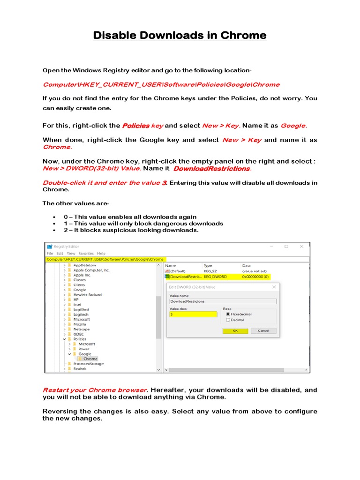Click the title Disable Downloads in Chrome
[180, 36]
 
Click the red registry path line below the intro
[161, 85]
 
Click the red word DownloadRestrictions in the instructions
[211, 169]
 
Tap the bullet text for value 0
[130, 217]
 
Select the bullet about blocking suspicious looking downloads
[131, 230]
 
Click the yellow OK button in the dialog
[235, 330]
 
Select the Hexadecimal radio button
[228, 314]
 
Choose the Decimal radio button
[228, 320]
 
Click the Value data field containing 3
[193, 315]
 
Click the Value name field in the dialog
[223, 301]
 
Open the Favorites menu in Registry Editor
[86, 254]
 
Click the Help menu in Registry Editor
[101, 254]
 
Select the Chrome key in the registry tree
[90, 359]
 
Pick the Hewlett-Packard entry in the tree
[87, 295]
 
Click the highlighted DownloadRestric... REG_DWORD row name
[185, 277]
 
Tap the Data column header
[247, 266]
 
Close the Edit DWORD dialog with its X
[274, 287]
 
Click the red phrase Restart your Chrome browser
[95, 390]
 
